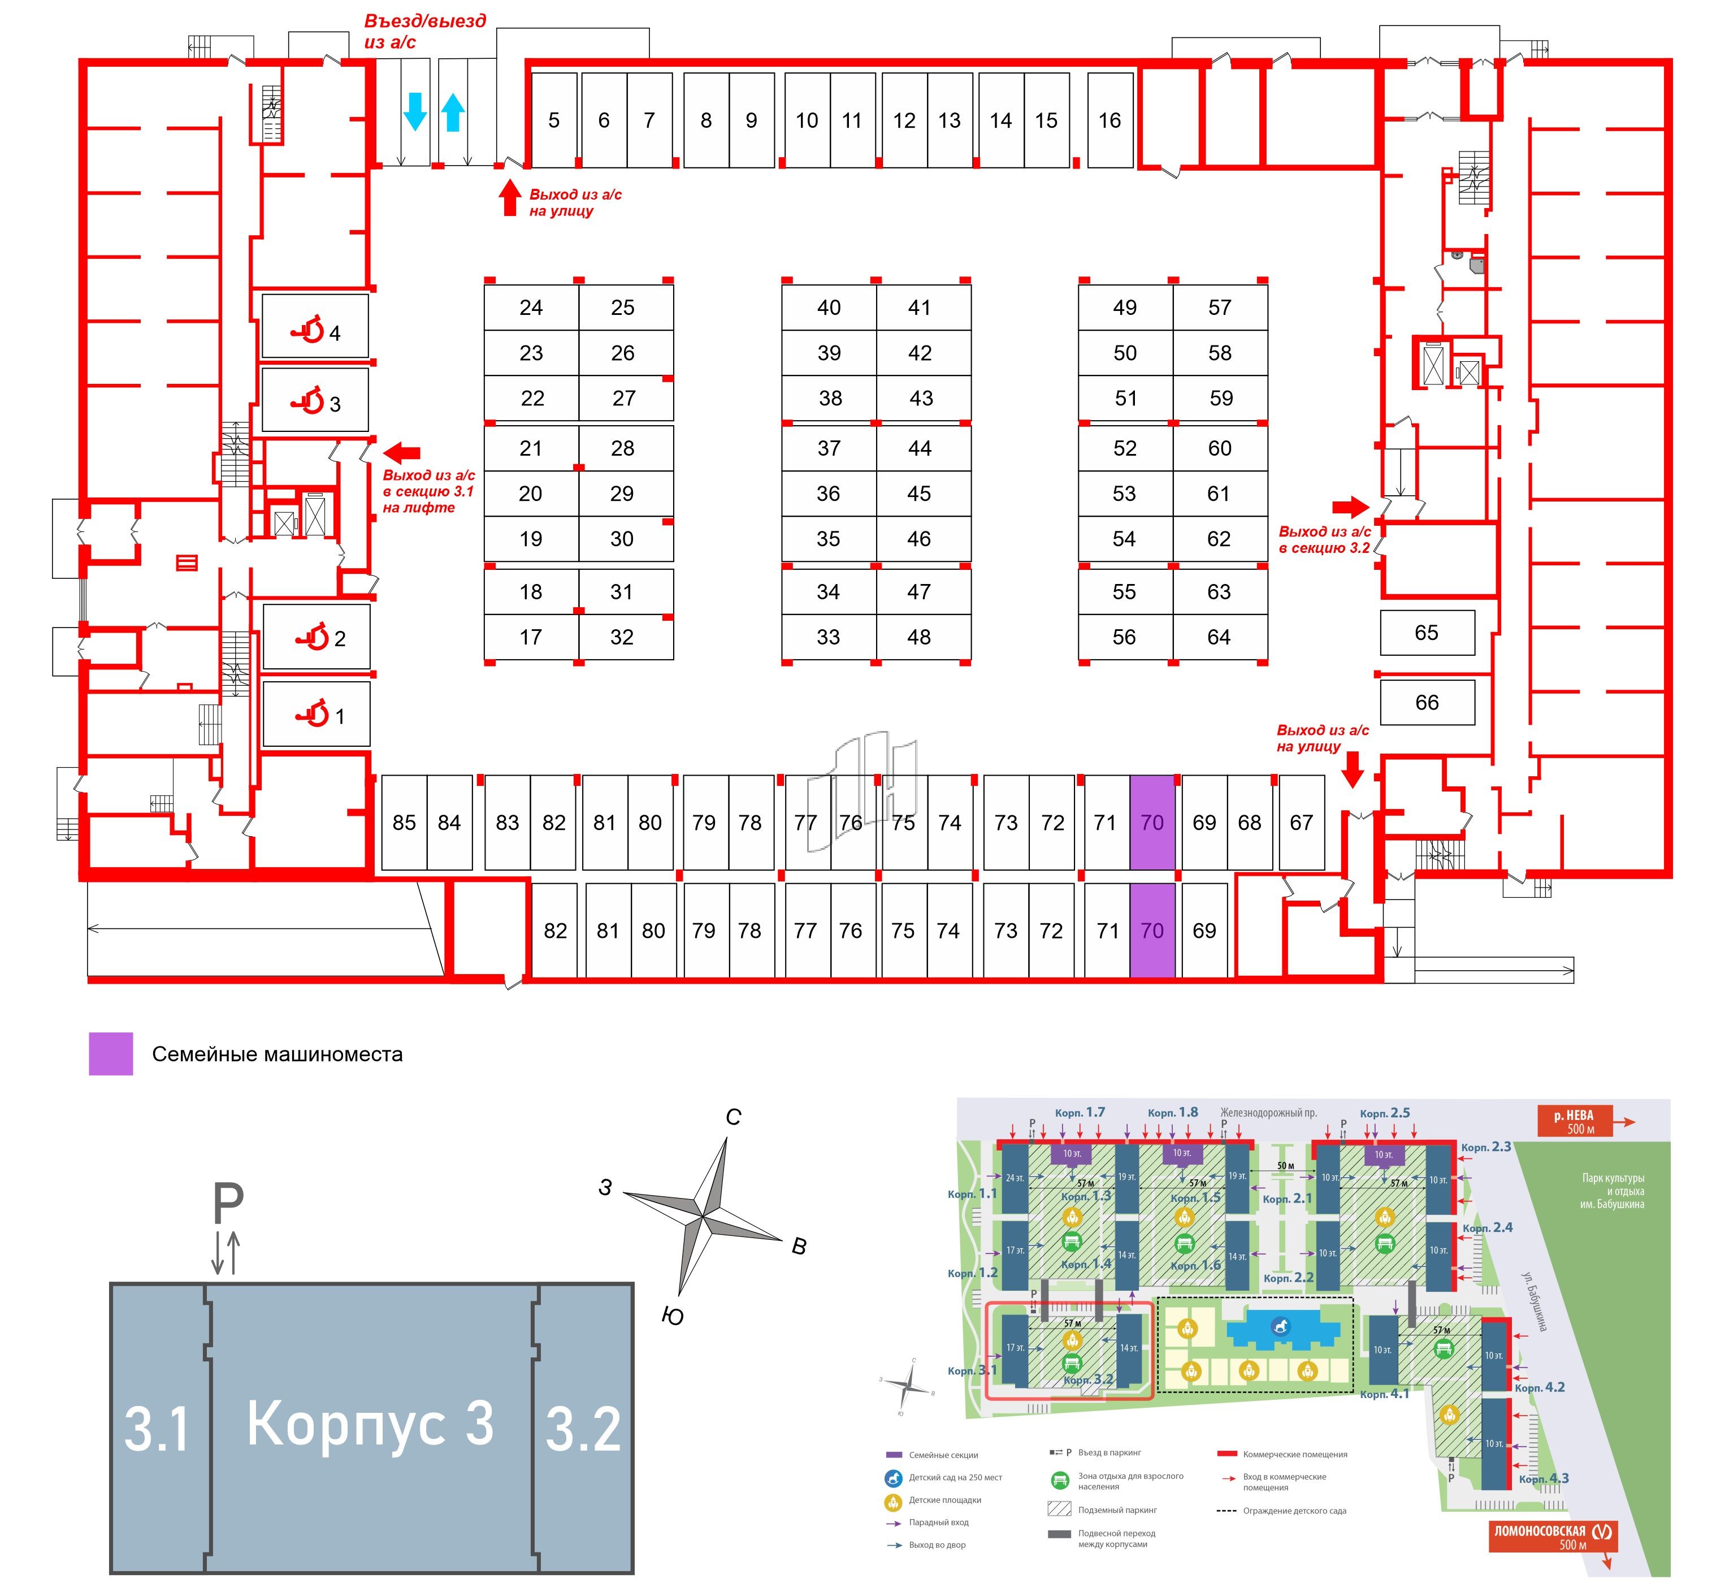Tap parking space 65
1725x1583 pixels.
[1427, 633]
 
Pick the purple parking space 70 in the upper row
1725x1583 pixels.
[1152, 823]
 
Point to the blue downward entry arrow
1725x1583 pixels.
[415, 111]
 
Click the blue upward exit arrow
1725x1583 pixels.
[453, 112]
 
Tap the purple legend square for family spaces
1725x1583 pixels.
[111, 1054]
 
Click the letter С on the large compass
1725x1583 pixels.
[733, 1117]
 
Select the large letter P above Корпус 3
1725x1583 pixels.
[228, 1204]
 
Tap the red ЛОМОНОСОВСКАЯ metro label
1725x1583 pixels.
[1552, 1531]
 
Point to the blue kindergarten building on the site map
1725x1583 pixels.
[1281, 1330]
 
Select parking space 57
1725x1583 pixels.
[1220, 308]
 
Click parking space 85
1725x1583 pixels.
[404, 823]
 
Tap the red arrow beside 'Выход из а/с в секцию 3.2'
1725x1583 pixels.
[1351, 507]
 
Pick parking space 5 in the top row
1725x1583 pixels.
[554, 121]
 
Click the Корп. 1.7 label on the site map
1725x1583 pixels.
[1080, 1113]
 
